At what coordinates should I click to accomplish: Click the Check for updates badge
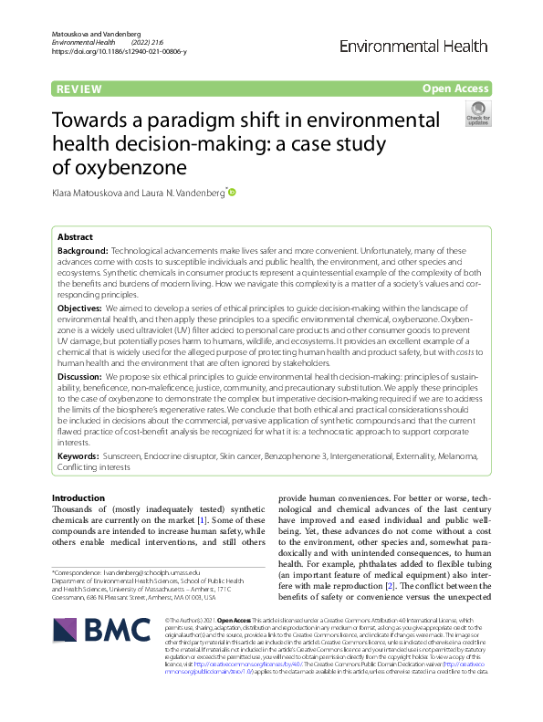coord(476,113)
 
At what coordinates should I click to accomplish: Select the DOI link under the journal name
coord(120,52)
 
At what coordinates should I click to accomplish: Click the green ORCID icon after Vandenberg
coord(232,193)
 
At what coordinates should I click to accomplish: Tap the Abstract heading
coord(75,235)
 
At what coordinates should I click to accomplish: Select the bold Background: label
coord(82,249)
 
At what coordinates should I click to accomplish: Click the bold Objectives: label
coord(79,309)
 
